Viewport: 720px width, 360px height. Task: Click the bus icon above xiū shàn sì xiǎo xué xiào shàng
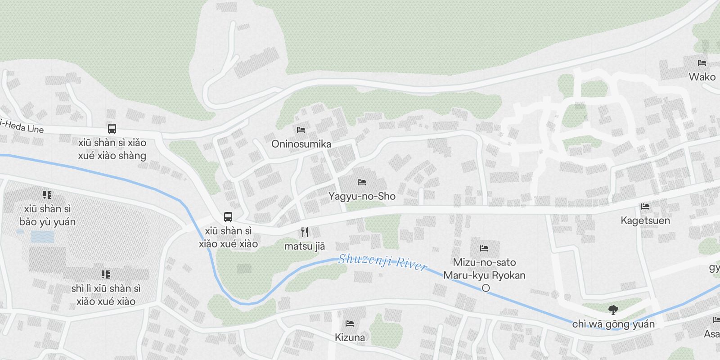pos(112,129)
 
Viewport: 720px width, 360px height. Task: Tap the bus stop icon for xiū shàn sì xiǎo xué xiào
pos(228,217)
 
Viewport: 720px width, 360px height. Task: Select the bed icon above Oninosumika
pos(301,130)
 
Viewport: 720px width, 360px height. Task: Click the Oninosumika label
pos(301,144)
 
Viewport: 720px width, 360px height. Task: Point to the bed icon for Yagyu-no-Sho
pos(362,182)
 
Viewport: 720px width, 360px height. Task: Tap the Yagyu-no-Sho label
pos(362,196)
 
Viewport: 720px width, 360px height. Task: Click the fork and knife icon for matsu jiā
pos(305,232)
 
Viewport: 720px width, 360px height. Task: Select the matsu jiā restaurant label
pos(305,246)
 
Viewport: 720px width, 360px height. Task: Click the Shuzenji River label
pos(382,261)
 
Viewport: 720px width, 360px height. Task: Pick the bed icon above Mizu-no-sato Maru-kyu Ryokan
pos(484,248)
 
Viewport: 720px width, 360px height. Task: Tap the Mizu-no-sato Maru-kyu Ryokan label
pos(484,269)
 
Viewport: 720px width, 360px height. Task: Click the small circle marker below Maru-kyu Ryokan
pos(486,288)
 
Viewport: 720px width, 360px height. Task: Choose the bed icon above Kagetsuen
pos(645,207)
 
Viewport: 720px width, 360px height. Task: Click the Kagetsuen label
pos(645,220)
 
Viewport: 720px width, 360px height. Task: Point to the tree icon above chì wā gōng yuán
pos(613,310)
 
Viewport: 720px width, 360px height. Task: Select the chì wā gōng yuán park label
pos(613,324)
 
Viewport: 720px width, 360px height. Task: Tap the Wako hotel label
pos(702,77)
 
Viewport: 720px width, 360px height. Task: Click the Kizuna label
pos(350,337)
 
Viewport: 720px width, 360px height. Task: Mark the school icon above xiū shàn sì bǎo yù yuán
pos(47,195)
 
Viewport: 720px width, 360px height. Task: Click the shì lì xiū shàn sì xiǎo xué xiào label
pos(106,295)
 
